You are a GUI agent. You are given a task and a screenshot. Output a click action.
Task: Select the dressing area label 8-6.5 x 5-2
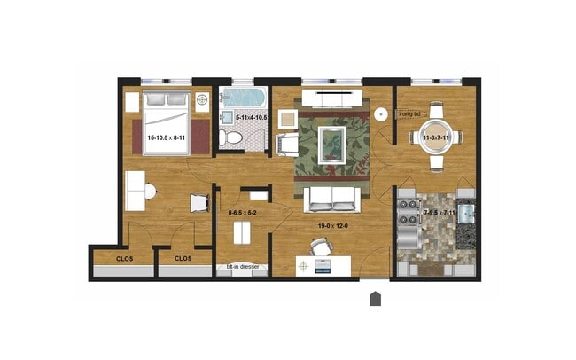click(243, 213)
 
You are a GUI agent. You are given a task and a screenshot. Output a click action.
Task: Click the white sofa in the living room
click(331, 200)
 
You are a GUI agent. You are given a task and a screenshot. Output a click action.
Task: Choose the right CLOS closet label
click(183, 258)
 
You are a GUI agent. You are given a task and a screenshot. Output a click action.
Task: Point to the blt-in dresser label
click(242, 266)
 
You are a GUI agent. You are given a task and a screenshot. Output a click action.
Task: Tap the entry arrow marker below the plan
click(375, 299)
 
